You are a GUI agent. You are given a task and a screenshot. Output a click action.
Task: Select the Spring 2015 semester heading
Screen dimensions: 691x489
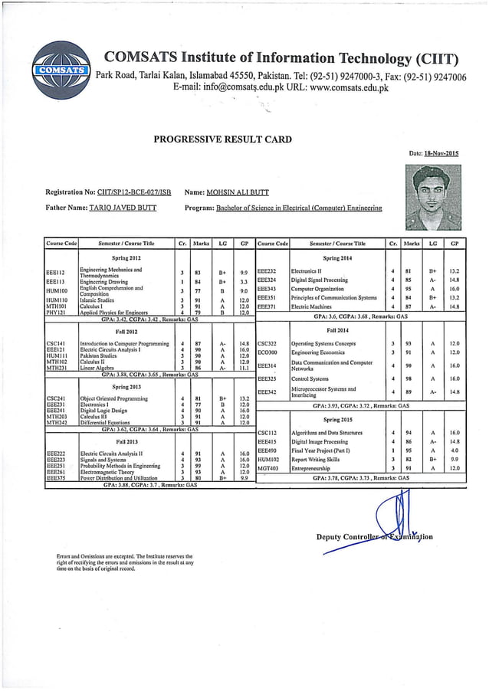[x=336, y=420]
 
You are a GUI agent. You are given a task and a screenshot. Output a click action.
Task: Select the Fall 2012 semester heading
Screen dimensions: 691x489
[x=126, y=331]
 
